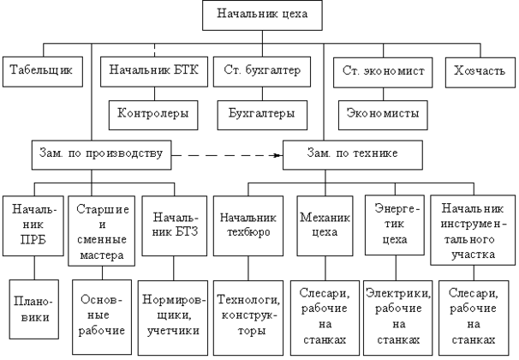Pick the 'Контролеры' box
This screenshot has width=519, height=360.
coord(153,112)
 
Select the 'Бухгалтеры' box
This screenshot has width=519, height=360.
coord(256,112)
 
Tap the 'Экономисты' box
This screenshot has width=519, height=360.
coord(380,112)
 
